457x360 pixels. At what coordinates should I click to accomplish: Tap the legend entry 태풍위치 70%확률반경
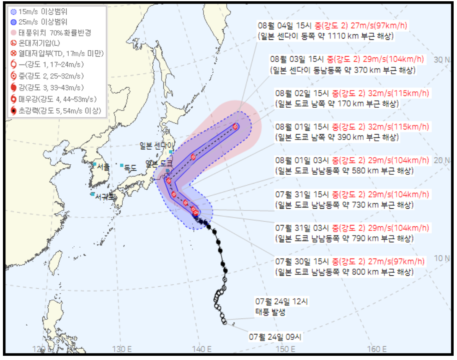[x=50, y=32]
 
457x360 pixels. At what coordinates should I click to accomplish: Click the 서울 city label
[x=103, y=166]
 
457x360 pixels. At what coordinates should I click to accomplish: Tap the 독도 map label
[x=130, y=168]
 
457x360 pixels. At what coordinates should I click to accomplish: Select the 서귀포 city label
[x=104, y=196]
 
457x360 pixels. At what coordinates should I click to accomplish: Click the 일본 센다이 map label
[x=157, y=145]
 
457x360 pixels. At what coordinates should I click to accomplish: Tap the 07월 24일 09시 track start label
[x=275, y=336]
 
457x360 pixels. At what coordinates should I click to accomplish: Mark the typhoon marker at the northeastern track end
[x=235, y=127]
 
